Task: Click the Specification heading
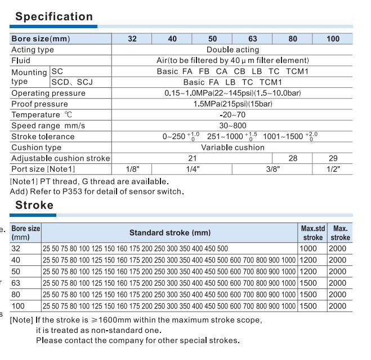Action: click(x=54, y=17)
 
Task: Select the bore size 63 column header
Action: click(x=252, y=39)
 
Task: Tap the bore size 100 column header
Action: click(x=333, y=39)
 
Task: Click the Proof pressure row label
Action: click(x=39, y=104)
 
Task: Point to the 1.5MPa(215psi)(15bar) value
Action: click(x=232, y=104)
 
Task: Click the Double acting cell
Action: click(x=232, y=50)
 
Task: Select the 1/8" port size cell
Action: click(x=132, y=168)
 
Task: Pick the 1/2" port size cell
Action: click(x=333, y=168)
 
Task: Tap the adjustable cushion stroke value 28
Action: click(x=293, y=158)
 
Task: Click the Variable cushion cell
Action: click(x=232, y=148)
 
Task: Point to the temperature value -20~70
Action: click(x=232, y=115)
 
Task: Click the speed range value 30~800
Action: click(x=232, y=126)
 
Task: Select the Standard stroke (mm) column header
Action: click(x=169, y=233)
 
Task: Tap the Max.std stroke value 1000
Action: click(x=309, y=248)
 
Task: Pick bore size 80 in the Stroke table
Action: click(x=16, y=294)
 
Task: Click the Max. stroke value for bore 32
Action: click(x=338, y=248)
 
